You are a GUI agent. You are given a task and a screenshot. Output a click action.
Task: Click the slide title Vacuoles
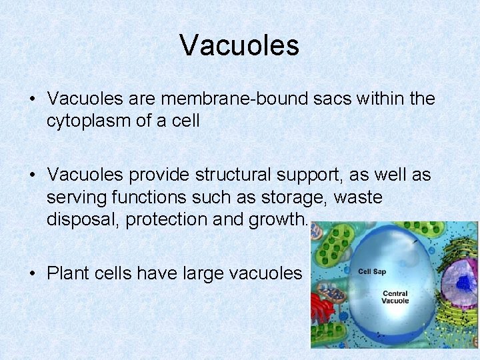coord(239,45)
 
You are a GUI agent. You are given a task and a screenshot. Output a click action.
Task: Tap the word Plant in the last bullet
coord(67,273)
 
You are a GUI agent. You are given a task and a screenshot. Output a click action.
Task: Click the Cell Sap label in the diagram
coord(371,271)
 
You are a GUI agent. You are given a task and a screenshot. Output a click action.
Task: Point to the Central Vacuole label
coord(395,297)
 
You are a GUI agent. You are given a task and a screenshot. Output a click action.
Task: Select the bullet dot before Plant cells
coord(33,273)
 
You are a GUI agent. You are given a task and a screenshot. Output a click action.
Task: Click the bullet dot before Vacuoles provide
coord(33,175)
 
